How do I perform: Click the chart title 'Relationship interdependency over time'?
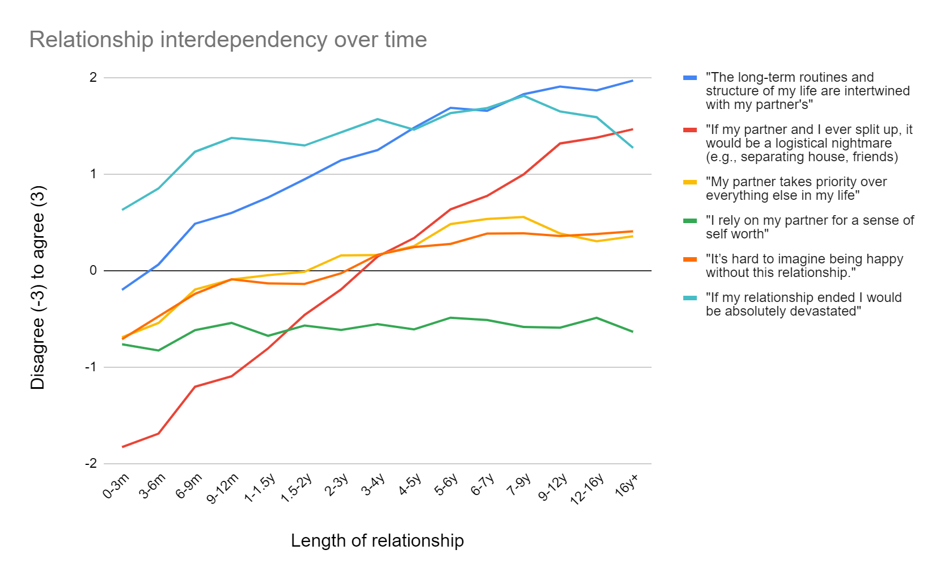pos(228,40)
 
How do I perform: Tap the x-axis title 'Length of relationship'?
pos(377,540)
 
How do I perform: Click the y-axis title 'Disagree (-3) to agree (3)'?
pos(37,288)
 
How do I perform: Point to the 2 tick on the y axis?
pos(94,77)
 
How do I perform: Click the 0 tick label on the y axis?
pos(94,271)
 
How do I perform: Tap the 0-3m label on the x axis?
pos(116,486)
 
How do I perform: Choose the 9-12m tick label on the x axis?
pos(223,488)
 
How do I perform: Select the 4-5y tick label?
pos(409,485)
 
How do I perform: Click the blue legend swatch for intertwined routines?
pos(690,78)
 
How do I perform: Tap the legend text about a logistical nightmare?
pos(809,143)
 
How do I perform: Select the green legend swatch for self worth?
pos(690,221)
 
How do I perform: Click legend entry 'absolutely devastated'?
pos(803,304)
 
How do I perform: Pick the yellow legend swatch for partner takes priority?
pos(690,182)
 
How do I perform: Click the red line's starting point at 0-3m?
pos(122,447)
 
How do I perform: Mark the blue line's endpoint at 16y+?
pos(632,81)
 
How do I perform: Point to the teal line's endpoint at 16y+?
pos(632,147)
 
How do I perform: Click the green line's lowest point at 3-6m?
pos(158,350)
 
